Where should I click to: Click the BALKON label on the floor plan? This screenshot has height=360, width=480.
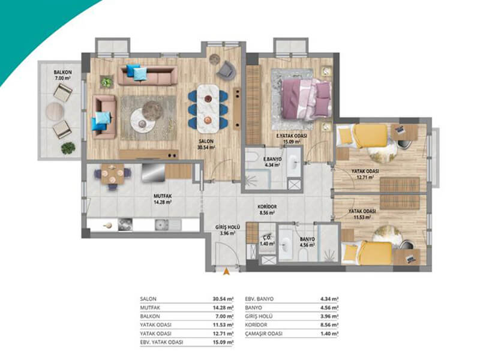coord(63,72)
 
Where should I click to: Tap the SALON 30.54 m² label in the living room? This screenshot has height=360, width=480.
coord(206,144)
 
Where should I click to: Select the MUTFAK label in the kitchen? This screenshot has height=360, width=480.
coord(163,196)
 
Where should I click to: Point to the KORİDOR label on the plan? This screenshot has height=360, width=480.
coord(267,206)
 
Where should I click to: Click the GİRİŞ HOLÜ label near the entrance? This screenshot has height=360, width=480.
coord(227,227)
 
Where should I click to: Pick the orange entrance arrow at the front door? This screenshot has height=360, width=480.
coord(227,271)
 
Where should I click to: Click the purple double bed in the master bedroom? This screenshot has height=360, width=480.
coord(307,98)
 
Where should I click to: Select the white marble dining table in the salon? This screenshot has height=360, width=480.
coord(208,108)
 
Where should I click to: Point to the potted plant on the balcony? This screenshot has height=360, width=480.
coord(68,148)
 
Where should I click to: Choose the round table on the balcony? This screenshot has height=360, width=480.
coord(55,111)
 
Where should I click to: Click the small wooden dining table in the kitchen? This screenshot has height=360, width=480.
coord(112,174)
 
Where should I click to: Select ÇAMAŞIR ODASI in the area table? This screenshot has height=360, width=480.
coord(264,334)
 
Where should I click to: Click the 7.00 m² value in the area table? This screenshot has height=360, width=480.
coord(224,316)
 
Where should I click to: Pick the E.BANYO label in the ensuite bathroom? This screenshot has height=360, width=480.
coord(272,159)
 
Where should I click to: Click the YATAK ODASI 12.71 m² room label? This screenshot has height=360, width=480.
coord(365,174)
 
